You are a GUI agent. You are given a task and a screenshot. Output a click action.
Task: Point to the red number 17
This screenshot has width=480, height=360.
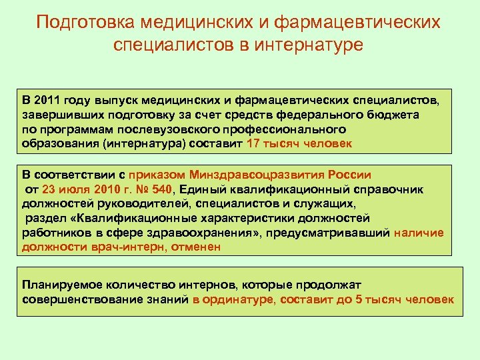tap(254, 143)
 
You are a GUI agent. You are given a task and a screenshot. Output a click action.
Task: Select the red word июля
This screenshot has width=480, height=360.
tap(73, 189)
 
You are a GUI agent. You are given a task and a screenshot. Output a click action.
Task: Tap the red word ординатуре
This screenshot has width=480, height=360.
tap(237, 299)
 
